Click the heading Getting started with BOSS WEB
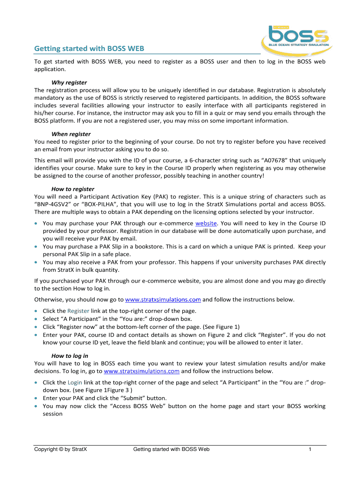coord(89,49)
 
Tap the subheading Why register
coord(69,82)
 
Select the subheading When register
coord(71,134)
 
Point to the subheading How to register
coord(73,189)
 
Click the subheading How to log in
coord(70,356)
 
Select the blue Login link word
coord(75,383)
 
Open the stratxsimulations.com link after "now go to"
coord(163,299)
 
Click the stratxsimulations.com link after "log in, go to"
coord(142,371)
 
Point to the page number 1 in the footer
coord(310,450)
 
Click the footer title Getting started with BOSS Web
coord(171,450)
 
